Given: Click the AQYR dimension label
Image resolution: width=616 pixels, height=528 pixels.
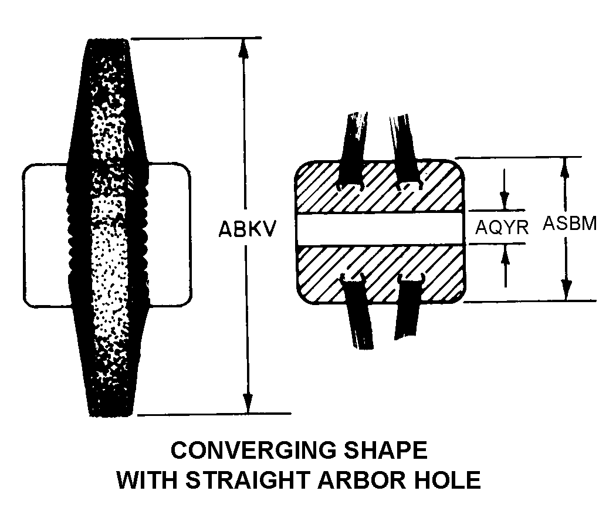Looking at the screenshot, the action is pyautogui.click(x=502, y=227).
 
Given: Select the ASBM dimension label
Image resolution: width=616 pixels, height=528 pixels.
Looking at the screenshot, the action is pyautogui.click(x=570, y=223).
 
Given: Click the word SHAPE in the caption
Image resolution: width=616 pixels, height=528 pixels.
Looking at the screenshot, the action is pyautogui.click(x=386, y=450).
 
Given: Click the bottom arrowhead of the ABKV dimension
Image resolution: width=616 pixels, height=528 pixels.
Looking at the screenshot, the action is pyautogui.click(x=248, y=404).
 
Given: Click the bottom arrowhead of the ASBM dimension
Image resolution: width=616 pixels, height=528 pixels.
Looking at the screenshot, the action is pyautogui.click(x=566, y=291).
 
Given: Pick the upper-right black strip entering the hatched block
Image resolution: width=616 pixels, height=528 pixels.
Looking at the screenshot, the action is pyautogui.click(x=405, y=150).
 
